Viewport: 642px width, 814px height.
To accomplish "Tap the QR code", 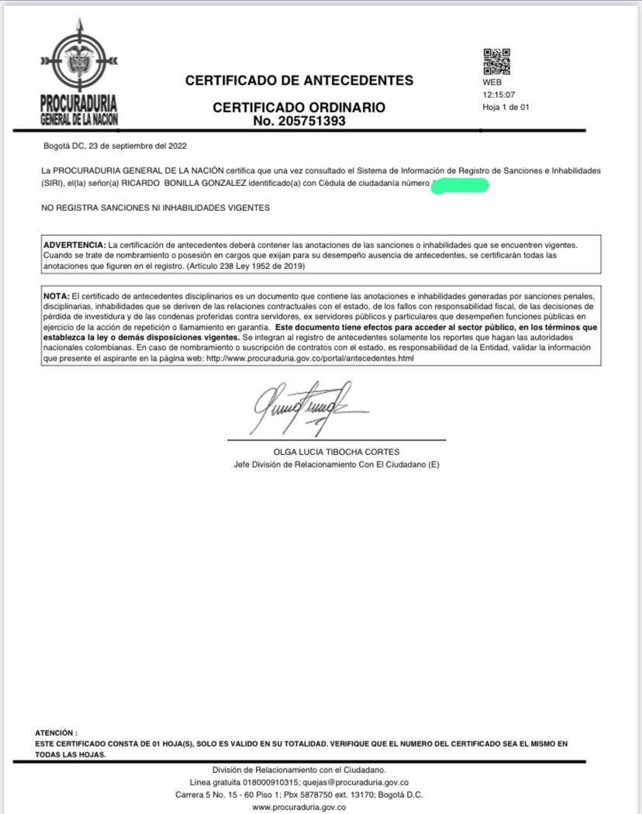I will [496, 62].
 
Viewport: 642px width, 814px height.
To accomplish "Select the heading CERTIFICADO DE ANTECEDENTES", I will [299, 80].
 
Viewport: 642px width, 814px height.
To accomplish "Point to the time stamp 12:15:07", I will [499, 95].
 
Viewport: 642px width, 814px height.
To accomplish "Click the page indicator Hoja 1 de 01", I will [506, 107].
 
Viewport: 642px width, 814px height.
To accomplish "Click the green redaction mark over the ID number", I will [460, 185].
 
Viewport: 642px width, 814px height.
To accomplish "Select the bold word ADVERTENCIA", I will [74, 245].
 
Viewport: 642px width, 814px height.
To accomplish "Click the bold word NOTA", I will [56, 296].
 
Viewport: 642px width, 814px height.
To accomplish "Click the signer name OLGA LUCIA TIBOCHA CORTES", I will [337, 452].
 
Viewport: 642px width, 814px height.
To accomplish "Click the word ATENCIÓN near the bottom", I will [56, 733].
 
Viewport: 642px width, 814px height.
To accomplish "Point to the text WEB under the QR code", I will [492, 82].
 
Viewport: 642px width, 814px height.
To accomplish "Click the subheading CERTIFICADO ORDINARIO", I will [299, 108].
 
